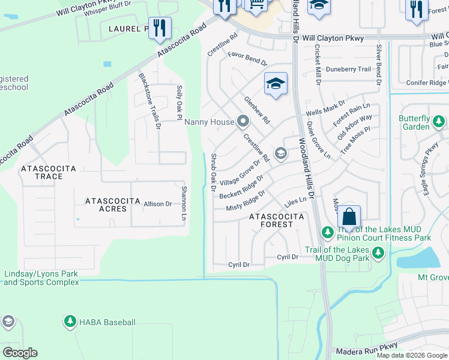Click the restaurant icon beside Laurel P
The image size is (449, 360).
(x=160, y=28)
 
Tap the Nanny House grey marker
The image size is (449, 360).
(x=243, y=122)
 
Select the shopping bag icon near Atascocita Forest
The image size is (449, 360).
(x=349, y=216)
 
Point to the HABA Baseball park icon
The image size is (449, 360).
(x=70, y=322)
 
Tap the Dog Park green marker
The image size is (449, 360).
(x=378, y=254)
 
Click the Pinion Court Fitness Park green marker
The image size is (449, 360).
(x=327, y=232)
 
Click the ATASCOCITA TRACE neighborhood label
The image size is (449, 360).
(x=50, y=172)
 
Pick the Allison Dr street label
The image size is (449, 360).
(x=158, y=204)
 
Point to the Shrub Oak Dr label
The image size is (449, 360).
(x=213, y=172)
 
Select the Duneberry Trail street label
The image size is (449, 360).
(x=348, y=70)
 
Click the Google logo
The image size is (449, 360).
(x=20, y=353)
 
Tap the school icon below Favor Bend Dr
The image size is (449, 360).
(x=276, y=84)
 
